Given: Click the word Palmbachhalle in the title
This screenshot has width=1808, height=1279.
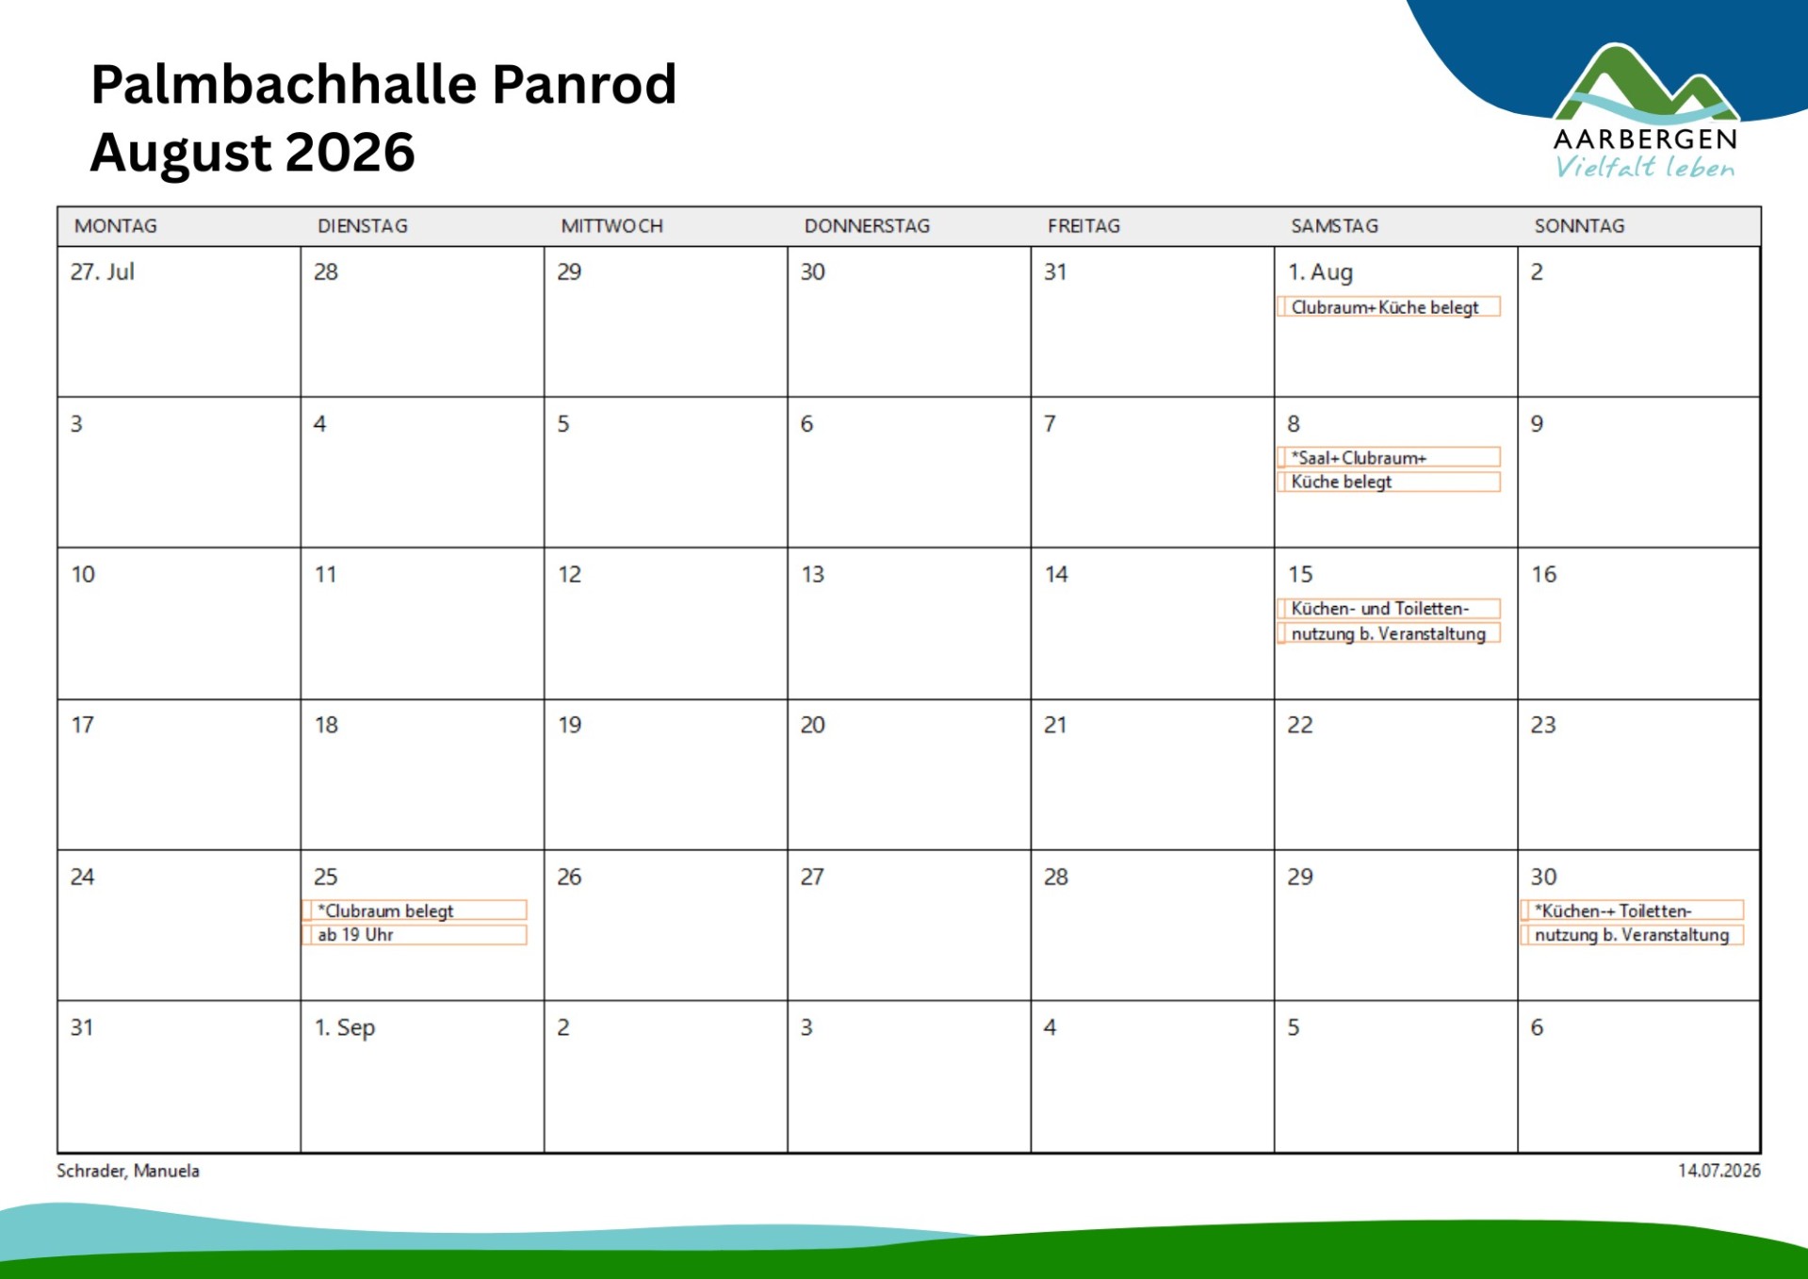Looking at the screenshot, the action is (285, 84).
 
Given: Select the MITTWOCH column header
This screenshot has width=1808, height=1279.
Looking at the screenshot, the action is (611, 226).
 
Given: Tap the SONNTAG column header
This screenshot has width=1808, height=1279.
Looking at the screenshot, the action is (1579, 226).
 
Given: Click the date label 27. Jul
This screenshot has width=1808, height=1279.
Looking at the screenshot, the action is (102, 272).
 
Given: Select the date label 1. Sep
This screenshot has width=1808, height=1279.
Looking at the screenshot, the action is (344, 1027).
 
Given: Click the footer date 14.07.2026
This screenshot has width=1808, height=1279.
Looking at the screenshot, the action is (1718, 1171).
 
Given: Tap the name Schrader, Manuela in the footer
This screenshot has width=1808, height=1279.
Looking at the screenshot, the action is (128, 1171).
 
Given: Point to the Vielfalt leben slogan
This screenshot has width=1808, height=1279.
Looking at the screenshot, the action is (1644, 168).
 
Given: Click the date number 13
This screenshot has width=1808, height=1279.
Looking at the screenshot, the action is (812, 574).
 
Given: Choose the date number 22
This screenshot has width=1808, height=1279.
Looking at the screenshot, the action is (1299, 725).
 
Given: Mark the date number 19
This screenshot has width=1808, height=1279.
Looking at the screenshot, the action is (569, 725).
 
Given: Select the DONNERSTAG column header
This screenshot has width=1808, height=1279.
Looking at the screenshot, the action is (867, 226).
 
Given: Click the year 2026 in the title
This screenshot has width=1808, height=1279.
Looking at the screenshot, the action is (350, 152).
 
